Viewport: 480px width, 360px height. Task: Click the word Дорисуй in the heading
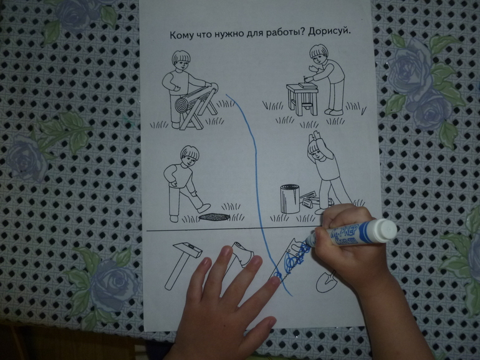tap(329, 32)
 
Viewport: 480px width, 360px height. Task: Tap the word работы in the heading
tap(281, 34)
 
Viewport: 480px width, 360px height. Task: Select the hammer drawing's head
tap(188, 248)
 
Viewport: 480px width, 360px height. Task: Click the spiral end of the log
tap(181, 105)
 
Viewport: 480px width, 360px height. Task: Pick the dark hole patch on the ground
tap(214, 216)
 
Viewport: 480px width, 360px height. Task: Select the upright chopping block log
tap(290, 199)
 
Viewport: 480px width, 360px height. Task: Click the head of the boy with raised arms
tap(315, 149)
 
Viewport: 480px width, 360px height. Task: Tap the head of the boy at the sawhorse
tap(181, 60)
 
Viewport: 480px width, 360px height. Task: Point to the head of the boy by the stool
tap(319, 54)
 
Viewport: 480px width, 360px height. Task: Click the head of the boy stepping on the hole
tap(190, 156)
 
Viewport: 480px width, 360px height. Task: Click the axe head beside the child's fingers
tap(243, 255)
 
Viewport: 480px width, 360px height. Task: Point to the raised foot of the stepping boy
tap(204, 208)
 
